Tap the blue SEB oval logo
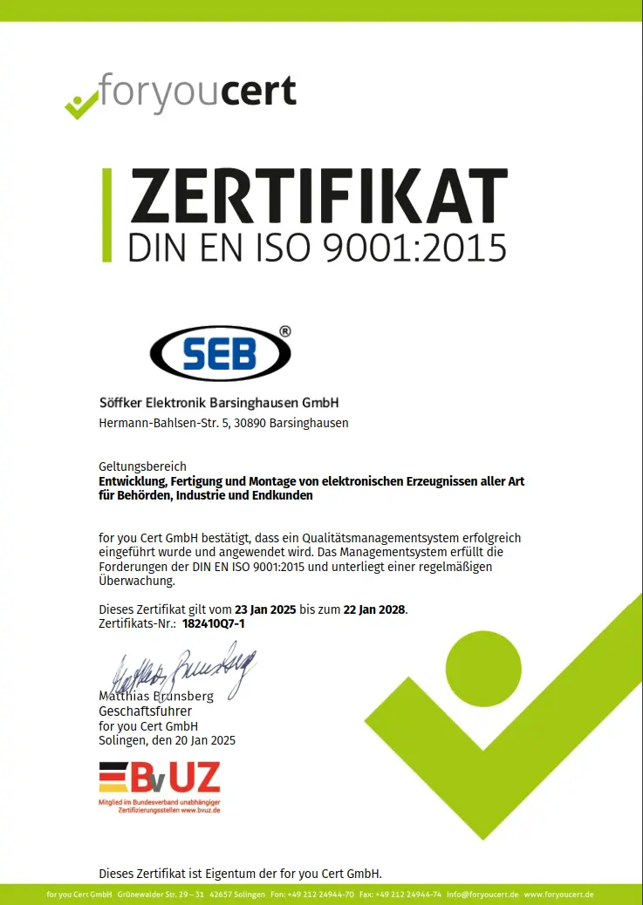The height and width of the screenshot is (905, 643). [220, 353]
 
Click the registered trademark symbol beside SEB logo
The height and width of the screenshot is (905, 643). [284, 331]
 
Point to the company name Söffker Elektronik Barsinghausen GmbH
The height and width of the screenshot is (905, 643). [219, 403]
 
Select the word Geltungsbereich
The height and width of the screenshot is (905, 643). [142, 466]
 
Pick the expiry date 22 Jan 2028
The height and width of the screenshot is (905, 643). [375, 609]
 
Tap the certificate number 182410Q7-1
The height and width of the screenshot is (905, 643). [214, 624]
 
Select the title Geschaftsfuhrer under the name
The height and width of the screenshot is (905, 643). [145, 711]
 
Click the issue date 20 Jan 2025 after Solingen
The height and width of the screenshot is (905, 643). [203, 740]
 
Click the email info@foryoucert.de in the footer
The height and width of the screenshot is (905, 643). [490, 895]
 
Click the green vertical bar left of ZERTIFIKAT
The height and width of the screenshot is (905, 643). [106, 214]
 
